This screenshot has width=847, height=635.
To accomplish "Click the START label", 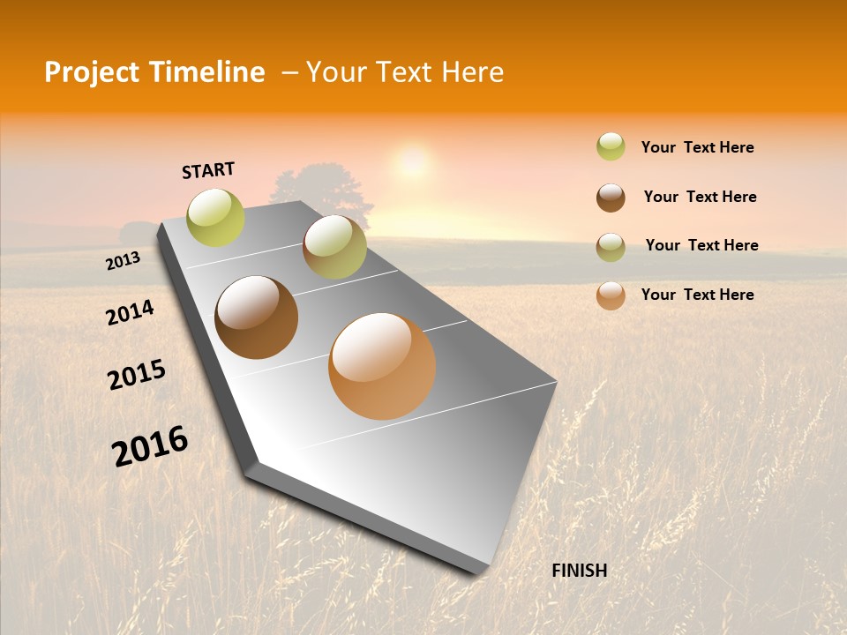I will tap(208, 170).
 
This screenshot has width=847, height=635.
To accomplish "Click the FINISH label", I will tap(579, 571).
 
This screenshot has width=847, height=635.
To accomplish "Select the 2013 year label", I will tap(123, 261).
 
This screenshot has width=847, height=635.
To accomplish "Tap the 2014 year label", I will tap(130, 312).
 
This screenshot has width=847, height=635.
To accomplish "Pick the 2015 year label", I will tap(136, 375).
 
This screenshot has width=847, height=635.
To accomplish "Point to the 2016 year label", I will tap(150, 445).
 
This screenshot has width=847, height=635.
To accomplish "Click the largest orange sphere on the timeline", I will tap(382, 366).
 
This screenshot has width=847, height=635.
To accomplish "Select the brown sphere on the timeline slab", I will tap(256, 317).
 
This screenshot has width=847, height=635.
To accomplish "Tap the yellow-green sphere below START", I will tap(216, 217).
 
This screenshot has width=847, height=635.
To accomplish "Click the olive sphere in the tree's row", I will tap(334, 247).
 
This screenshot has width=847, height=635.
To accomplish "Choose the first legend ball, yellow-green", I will tap(611, 146).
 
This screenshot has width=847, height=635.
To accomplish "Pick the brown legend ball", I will tap(611, 198).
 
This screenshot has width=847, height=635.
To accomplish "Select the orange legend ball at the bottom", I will tap(611, 295).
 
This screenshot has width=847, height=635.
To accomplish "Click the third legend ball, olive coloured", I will tap(611, 247).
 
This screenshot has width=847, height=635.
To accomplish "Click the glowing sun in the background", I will tap(412, 161).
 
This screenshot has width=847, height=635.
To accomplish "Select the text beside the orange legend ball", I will tap(697, 295).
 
